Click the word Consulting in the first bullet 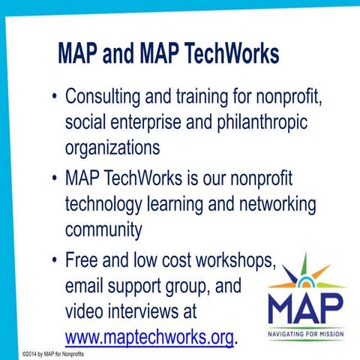point(101,98)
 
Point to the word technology point(109,203)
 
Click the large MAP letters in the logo point(305,306)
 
